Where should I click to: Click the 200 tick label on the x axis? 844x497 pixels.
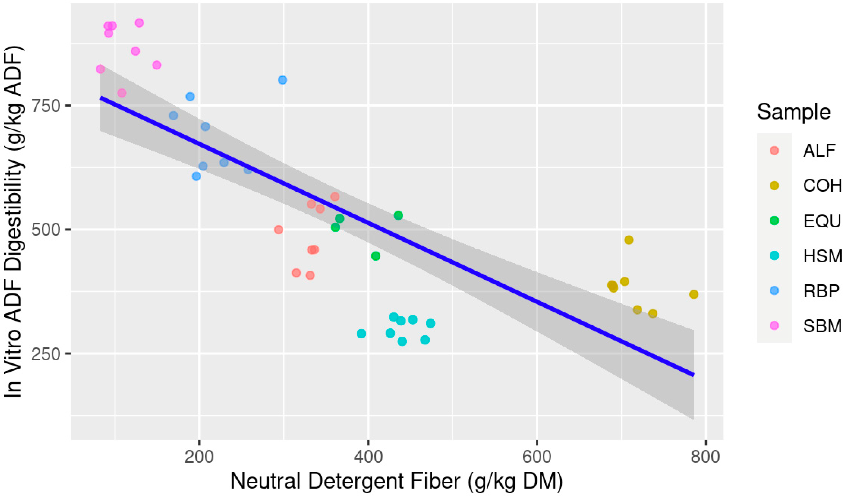(x=199, y=457)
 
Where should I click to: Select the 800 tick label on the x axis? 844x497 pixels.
(x=706, y=457)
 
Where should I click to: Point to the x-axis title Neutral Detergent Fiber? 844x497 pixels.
(x=396, y=482)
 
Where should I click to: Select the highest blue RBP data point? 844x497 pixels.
(x=282, y=80)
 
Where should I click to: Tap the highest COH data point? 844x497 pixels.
(x=629, y=240)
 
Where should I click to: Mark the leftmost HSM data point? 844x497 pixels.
(x=361, y=333)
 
